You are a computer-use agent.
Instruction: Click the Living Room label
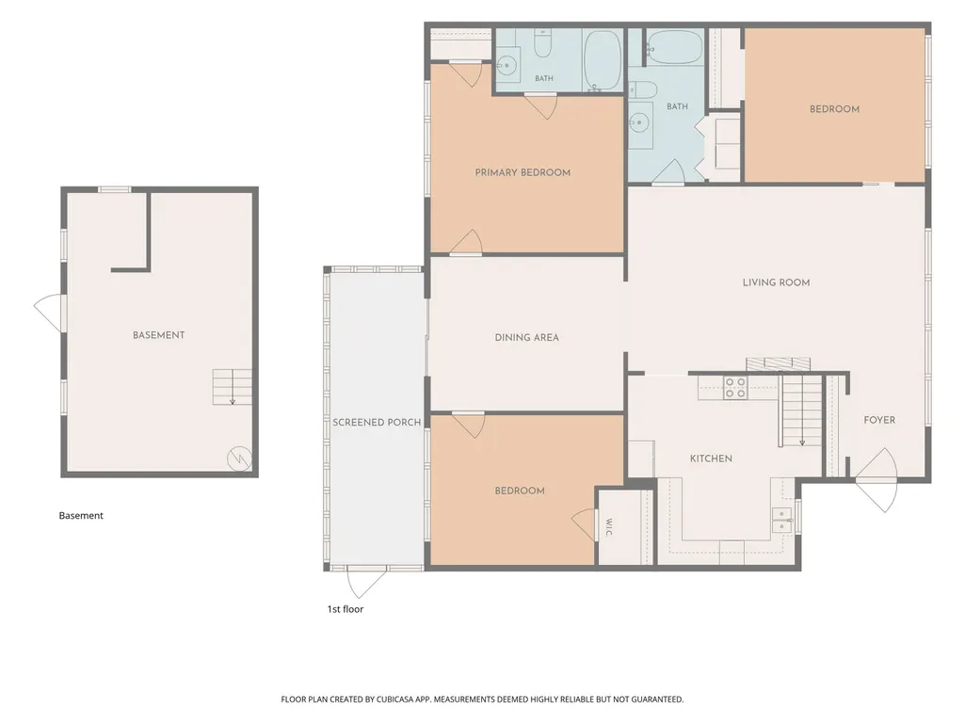point(776,282)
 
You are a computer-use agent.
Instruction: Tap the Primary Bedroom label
point(523,172)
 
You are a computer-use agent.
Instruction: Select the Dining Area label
point(527,337)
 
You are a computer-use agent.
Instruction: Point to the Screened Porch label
point(377,423)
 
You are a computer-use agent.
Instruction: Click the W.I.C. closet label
point(608,527)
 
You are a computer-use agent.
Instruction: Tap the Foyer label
point(878,420)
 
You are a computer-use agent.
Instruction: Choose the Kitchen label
point(711,459)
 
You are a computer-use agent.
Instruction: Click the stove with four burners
point(735,387)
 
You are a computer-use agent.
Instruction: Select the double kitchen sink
point(782,520)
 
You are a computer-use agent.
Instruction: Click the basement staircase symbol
point(232,387)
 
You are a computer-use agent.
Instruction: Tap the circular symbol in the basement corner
point(239,459)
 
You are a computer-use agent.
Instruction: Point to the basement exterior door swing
point(48,314)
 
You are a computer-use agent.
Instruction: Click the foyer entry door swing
point(877,480)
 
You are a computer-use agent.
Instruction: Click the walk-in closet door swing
point(584,524)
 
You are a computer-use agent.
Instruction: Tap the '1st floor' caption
point(346,609)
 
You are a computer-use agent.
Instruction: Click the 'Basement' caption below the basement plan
point(81,516)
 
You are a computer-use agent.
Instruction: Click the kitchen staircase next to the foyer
point(801,410)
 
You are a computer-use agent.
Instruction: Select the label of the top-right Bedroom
point(834,109)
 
